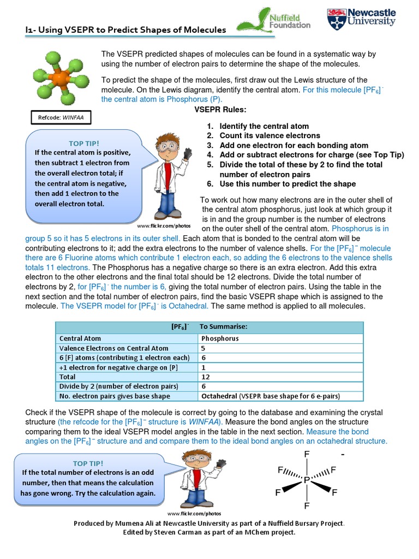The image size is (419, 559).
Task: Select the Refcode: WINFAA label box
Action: click(x=61, y=117)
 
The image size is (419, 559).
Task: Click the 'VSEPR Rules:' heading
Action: click(x=220, y=109)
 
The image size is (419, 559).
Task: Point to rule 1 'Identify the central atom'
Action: click(x=264, y=126)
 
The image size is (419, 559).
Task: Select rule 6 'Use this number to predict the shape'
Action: click(x=288, y=184)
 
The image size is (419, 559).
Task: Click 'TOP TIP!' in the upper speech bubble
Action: click(x=84, y=143)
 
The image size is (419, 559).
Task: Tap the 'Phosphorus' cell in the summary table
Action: click(x=220, y=338)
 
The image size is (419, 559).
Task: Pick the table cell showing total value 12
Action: click(x=206, y=377)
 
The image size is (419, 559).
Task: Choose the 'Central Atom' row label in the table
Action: click(x=80, y=338)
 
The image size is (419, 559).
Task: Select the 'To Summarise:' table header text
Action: click(x=224, y=326)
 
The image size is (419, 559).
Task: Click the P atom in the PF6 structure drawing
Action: click(x=306, y=480)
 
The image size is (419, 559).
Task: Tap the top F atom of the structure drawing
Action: click(x=306, y=455)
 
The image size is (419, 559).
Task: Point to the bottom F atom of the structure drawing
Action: click(x=306, y=506)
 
